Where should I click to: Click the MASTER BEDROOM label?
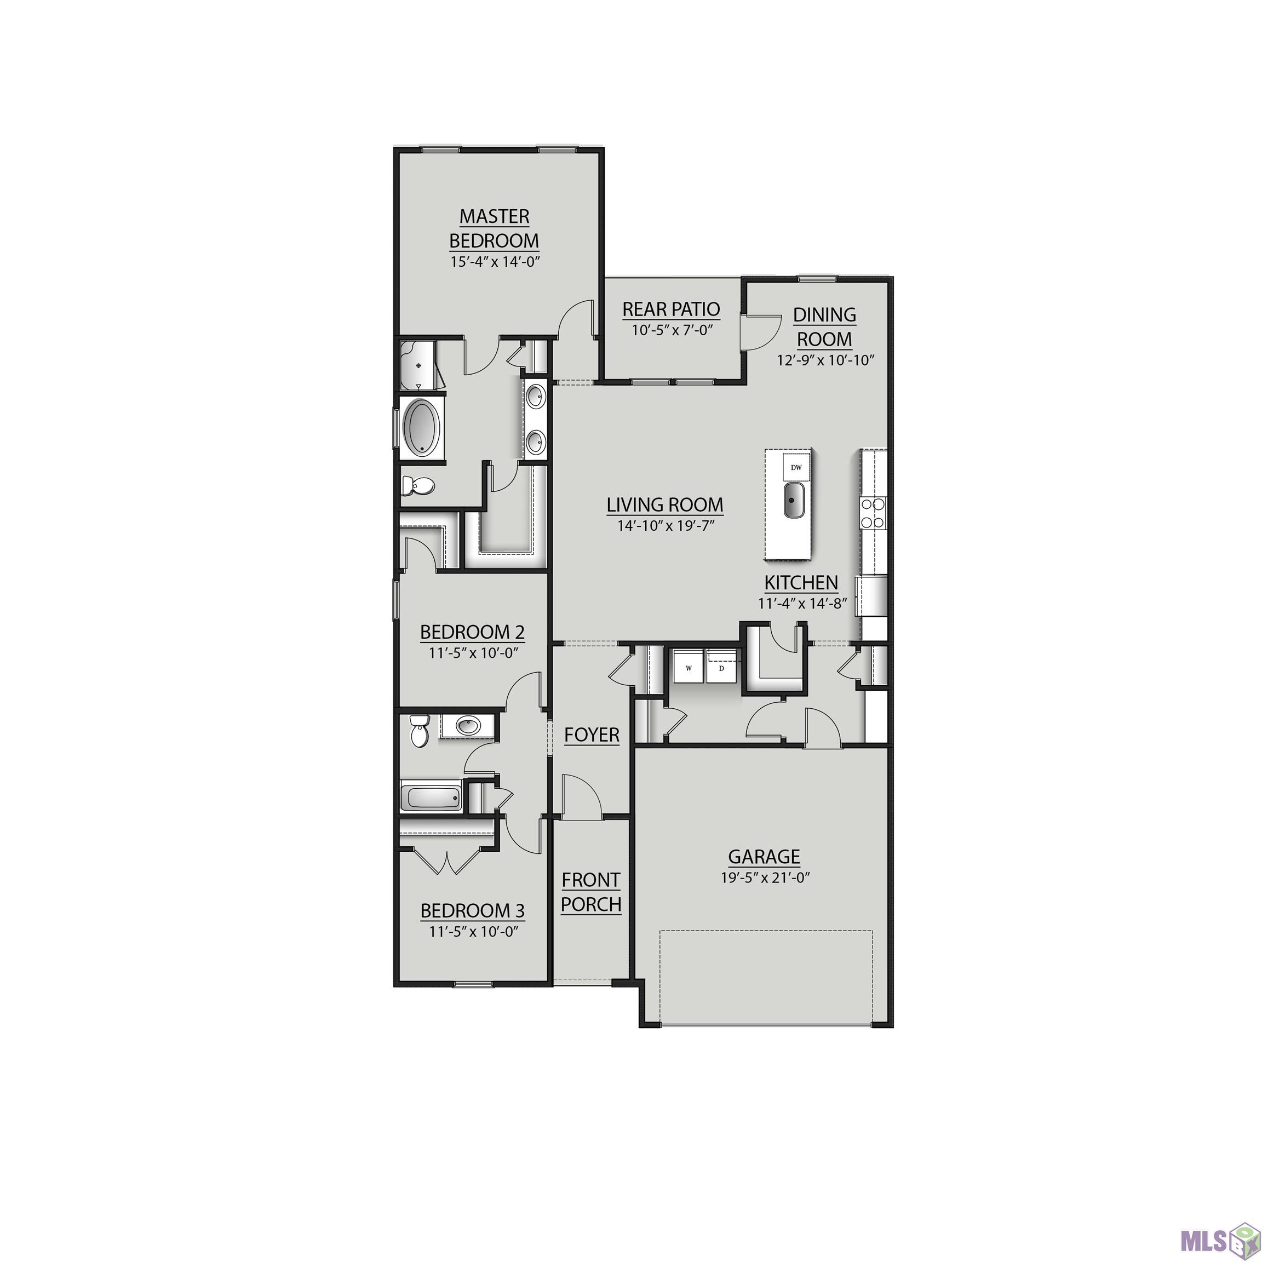[495, 228]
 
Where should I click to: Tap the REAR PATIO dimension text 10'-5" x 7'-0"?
[671, 330]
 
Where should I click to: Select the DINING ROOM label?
[824, 327]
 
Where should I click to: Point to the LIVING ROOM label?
[665, 505]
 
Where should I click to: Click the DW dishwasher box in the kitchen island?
[796, 467]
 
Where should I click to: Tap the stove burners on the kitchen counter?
[873, 513]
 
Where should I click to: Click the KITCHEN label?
[801, 583]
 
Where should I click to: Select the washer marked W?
[688, 667]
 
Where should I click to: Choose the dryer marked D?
[722, 667]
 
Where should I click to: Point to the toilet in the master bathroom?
[418, 485]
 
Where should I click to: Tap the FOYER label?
[592, 735]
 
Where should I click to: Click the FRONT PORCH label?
[591, 892]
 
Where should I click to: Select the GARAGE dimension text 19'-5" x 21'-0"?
[765, 877]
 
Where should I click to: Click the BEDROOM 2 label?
[472, 632]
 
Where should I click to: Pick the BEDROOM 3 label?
[472, 910]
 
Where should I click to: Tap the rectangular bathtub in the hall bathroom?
[431, 798]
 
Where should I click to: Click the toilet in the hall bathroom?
[417, 731]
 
